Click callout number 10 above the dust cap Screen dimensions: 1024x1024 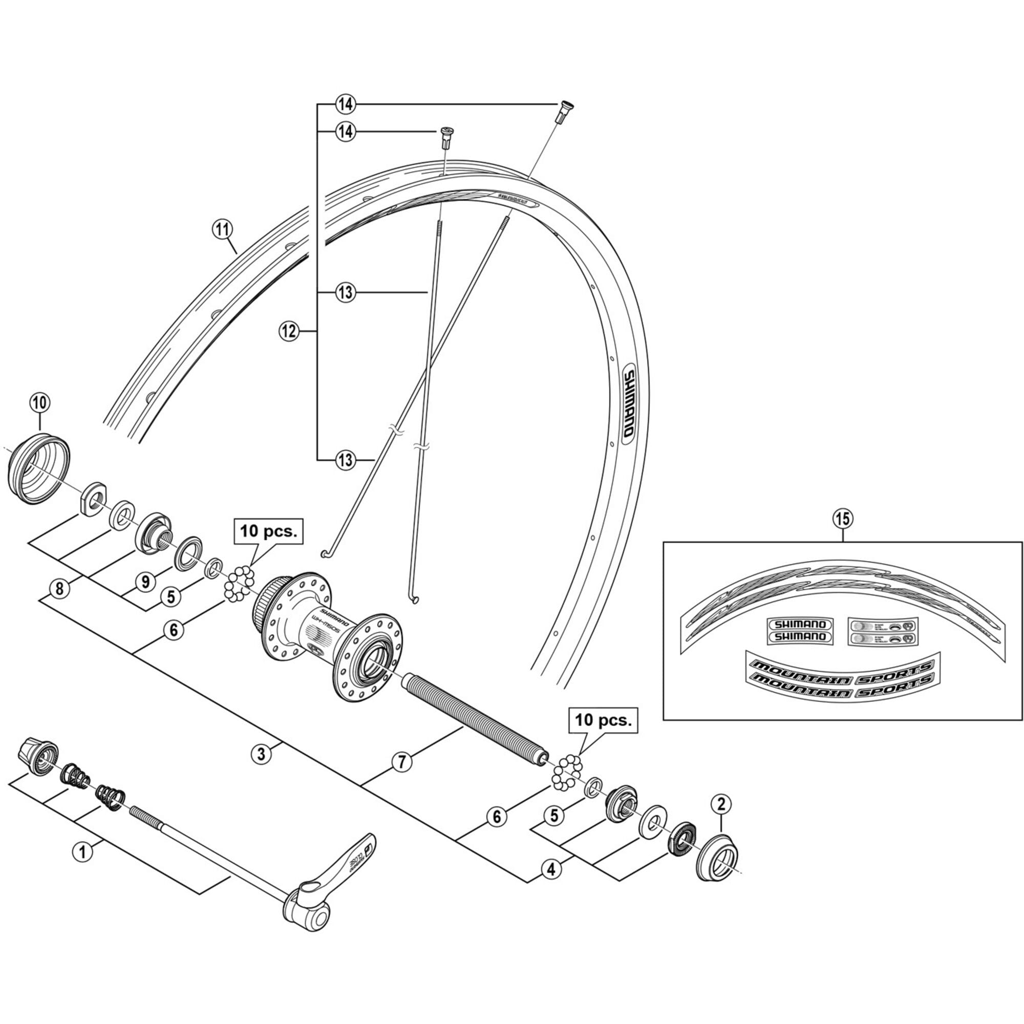click(x=40, y=403)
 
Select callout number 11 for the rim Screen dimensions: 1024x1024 click(x=222, y=229)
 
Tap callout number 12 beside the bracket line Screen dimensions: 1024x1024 click(x=289, y=332)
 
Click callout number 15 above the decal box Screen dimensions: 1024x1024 click(x=843, y=518)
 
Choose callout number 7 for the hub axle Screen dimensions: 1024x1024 click(x=402, y=762)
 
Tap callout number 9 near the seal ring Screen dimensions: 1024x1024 click(x=145, y=582)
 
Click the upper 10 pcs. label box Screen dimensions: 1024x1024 click(x=269, y=531)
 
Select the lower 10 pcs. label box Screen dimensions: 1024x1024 click(x=603, y=720)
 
